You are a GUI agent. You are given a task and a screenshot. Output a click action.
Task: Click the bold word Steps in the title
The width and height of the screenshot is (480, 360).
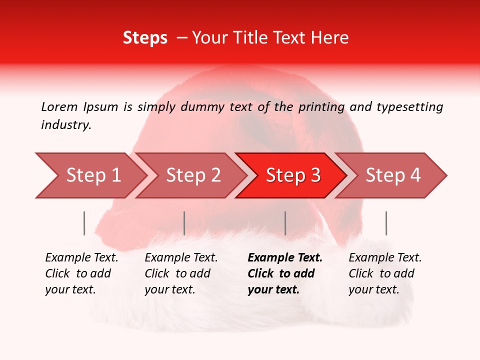(145, 38)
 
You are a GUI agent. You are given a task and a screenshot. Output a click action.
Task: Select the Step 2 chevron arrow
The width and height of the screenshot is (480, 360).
(192, 175)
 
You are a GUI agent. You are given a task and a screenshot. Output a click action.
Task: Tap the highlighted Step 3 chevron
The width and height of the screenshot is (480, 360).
(292, 175)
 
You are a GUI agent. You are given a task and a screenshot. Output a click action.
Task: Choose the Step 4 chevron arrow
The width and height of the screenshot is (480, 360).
(392, 175)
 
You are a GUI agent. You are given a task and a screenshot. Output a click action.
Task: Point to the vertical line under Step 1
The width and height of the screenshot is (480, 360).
(84, 223)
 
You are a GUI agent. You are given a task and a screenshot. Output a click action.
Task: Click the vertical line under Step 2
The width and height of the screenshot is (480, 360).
(184, 223)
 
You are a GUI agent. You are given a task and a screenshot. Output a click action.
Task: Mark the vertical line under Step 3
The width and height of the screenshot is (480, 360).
(285, 223)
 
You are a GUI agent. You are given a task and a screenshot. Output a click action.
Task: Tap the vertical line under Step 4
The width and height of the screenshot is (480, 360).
(386, 223)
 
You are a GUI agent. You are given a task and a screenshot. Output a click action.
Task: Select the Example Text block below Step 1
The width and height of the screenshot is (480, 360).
(81, 273)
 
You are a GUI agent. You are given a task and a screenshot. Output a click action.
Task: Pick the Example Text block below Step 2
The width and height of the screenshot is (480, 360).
(181, 273)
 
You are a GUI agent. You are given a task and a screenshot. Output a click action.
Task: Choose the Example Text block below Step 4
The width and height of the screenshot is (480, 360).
(384, 273)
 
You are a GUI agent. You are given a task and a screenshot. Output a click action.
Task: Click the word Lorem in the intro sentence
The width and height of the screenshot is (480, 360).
(59, 106)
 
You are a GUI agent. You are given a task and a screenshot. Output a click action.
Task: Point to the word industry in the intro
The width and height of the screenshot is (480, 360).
(66, 125)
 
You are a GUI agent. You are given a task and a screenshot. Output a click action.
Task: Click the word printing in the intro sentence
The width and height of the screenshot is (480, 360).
(322, 107)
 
